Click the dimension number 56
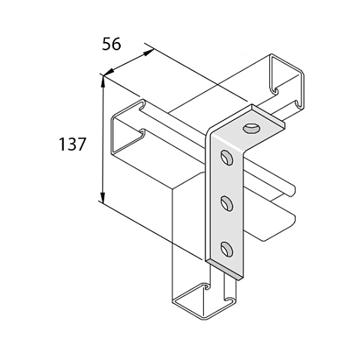(x=111, y=44)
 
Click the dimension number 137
(x=73, y=144)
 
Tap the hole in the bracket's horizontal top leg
(x=251, y=128)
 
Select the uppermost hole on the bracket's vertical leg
(x=226, y=157)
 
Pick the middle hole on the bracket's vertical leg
(x=226, y=203)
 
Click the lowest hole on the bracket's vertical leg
(x=226, y=250)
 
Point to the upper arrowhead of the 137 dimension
(x=103, y=81)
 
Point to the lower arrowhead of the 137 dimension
(x=103, y=196)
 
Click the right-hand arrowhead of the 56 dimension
(x=148, y=52)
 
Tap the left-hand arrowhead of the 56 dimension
(x=109, y=72)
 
